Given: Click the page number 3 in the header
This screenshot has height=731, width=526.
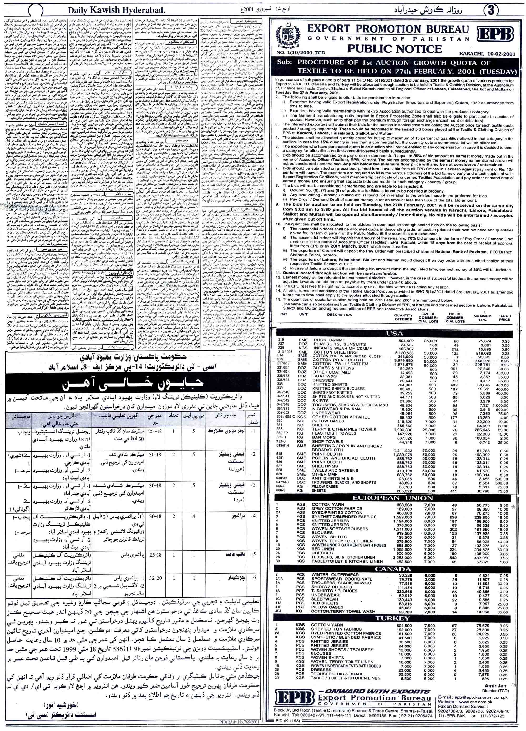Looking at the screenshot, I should pos(491,10).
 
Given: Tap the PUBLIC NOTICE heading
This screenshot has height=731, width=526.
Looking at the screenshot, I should pos(394,49).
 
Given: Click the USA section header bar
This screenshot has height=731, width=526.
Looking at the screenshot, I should pos(394,334).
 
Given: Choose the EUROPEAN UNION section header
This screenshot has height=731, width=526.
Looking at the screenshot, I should pos(394,498).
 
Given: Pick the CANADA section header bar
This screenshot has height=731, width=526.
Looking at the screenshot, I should pos(394,569).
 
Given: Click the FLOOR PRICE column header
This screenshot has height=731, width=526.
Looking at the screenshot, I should pos(505,318).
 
